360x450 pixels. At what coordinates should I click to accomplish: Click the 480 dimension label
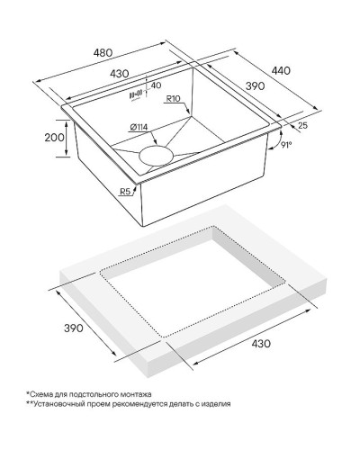pos(103,53)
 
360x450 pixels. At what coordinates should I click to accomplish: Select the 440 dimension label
pos(281,70)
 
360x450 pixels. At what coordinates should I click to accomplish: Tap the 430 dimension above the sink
pos(119,74)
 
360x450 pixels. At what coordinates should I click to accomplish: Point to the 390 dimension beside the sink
pos(255,86)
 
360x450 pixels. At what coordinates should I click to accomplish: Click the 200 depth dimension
pos(54,138)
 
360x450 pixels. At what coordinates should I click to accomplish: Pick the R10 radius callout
pos(173,98)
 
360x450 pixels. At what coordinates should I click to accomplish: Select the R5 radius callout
pos(125,191)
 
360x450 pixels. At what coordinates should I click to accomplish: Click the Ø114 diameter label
pos(139,127)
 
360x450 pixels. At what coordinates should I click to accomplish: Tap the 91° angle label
pos(286,145)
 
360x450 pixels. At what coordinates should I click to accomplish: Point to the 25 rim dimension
pos(302,125)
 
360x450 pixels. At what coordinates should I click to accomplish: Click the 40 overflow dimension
pos(156,85)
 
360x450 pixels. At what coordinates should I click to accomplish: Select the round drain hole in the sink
pos(156,156)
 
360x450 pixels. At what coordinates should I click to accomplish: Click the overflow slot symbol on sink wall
pos(135,95)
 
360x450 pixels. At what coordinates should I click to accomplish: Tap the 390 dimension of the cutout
pos(74,328)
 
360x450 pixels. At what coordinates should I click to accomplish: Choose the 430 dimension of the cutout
pos(261,343)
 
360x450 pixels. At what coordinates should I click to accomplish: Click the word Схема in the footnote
pos(40,394)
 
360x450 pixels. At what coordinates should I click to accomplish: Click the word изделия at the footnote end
pos(216,404)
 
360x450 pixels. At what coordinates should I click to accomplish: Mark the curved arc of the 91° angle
pos(276,140)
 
